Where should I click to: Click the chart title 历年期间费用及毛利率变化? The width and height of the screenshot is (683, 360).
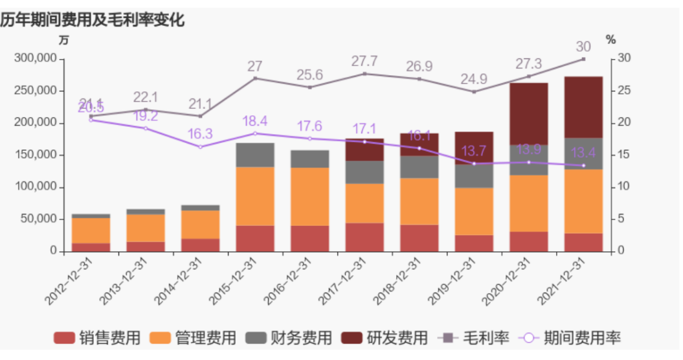click(x=93, y=20)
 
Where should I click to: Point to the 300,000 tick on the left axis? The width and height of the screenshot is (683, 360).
click(x=36, y=59)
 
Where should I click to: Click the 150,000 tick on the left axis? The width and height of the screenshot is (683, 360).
click(x=36, y=155)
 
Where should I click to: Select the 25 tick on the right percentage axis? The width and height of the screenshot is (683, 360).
click(x=623, y=91)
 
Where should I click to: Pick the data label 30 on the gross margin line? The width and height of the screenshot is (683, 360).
click(x=583, y=47)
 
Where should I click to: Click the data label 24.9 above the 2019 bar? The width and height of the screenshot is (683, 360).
click(x=474, y=80)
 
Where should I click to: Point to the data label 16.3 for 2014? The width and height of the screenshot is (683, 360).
click(x=200, y=134)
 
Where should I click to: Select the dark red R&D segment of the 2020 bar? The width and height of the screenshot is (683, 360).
click(x=528, y=114)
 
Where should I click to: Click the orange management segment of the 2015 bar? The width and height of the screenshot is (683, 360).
click(x=255, y=196)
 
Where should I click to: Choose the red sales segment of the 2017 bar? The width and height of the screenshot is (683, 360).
click(x=364, y=237)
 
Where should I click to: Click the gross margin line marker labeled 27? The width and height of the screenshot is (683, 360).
click(x=255, y=78)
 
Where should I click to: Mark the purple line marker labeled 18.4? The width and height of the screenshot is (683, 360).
click(x=255, y=133)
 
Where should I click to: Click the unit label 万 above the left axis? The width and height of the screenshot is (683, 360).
click(x=63, y=40)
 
